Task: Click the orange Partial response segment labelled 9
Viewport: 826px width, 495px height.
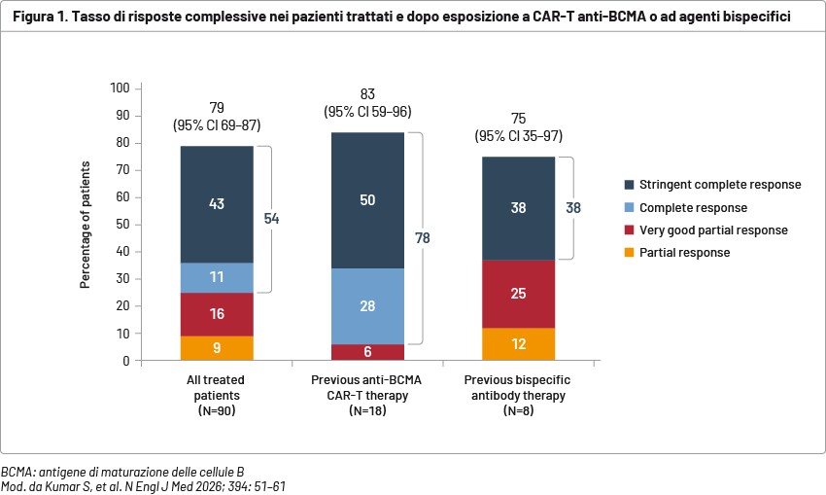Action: click(x=217, y=348)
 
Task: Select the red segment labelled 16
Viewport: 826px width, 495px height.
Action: click(x=217, y=314)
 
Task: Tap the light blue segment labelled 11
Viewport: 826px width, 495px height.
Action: click(x=217, y=277)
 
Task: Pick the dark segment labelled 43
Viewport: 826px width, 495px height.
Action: click(x=217, y=204)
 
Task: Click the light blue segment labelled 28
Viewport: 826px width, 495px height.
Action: click(x=367, y=306)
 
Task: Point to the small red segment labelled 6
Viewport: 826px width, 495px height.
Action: click(x=367, y=352)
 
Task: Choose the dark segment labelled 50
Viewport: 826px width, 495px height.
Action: click(x=367, y=199)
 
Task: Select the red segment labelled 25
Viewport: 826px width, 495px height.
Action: click(x=518, y=293)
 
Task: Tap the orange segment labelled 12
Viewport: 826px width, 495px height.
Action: click(x=518, y=344)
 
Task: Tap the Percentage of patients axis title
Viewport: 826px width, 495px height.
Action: click(x=86, y=225)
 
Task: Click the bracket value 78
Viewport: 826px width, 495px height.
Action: click(x=423, y=237)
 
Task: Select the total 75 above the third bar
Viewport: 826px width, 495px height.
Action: click(x=518, y=119)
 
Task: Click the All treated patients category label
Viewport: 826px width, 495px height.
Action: click(x=217, y=387)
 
